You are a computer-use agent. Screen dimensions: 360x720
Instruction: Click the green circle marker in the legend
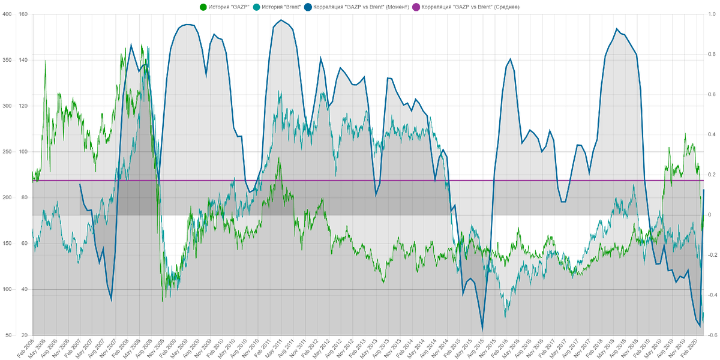click(203, 7)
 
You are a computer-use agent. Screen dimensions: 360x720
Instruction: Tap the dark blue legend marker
click(308, 7)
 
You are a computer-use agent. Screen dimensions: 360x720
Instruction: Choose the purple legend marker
click(415, 7)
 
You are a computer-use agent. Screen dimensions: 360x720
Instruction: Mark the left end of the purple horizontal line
click(31, 180)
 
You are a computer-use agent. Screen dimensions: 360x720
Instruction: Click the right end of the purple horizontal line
click(703, 180)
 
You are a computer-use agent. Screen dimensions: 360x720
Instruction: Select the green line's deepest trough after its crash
click(163, 299)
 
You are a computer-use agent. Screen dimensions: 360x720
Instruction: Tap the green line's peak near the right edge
click(686, 133)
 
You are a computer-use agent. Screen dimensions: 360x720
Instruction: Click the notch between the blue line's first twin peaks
click(206, 75)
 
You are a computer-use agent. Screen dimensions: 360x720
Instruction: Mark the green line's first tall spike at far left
click(46, 61)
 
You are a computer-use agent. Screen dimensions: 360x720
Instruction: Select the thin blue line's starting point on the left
click(80, 184)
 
